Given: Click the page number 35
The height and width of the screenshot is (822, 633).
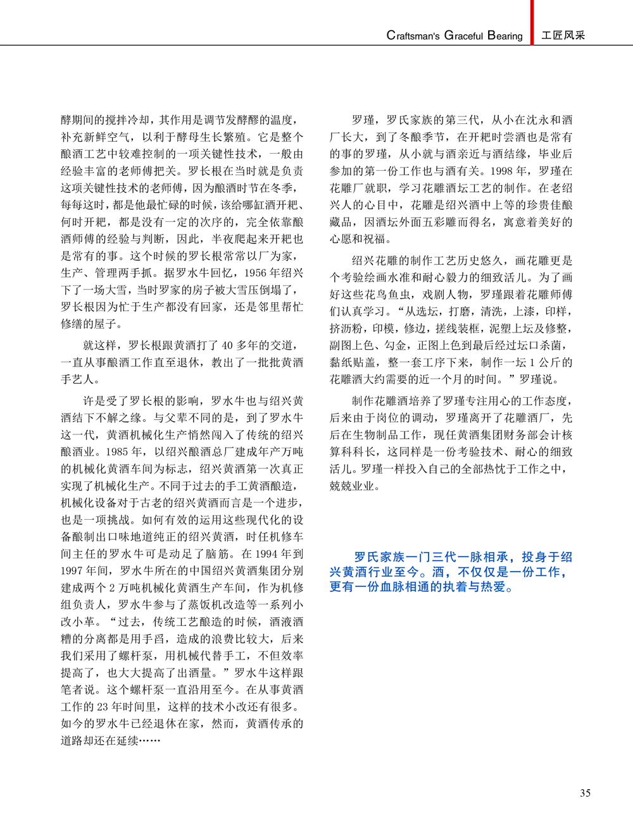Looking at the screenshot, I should (x=585, y=793).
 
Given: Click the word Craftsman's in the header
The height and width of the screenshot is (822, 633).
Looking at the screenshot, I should (x=413, y=36).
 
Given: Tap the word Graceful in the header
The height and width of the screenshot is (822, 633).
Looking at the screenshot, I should (x=463, y=36).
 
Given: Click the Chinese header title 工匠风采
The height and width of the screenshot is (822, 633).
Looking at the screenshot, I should (x=563, y=35).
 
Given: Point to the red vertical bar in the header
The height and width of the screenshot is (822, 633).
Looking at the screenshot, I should (x=532, y=21).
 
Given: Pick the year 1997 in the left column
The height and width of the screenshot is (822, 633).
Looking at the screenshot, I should (x=72, y=571).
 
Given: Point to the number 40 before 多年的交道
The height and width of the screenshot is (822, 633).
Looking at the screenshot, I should (x=227, y=345).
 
